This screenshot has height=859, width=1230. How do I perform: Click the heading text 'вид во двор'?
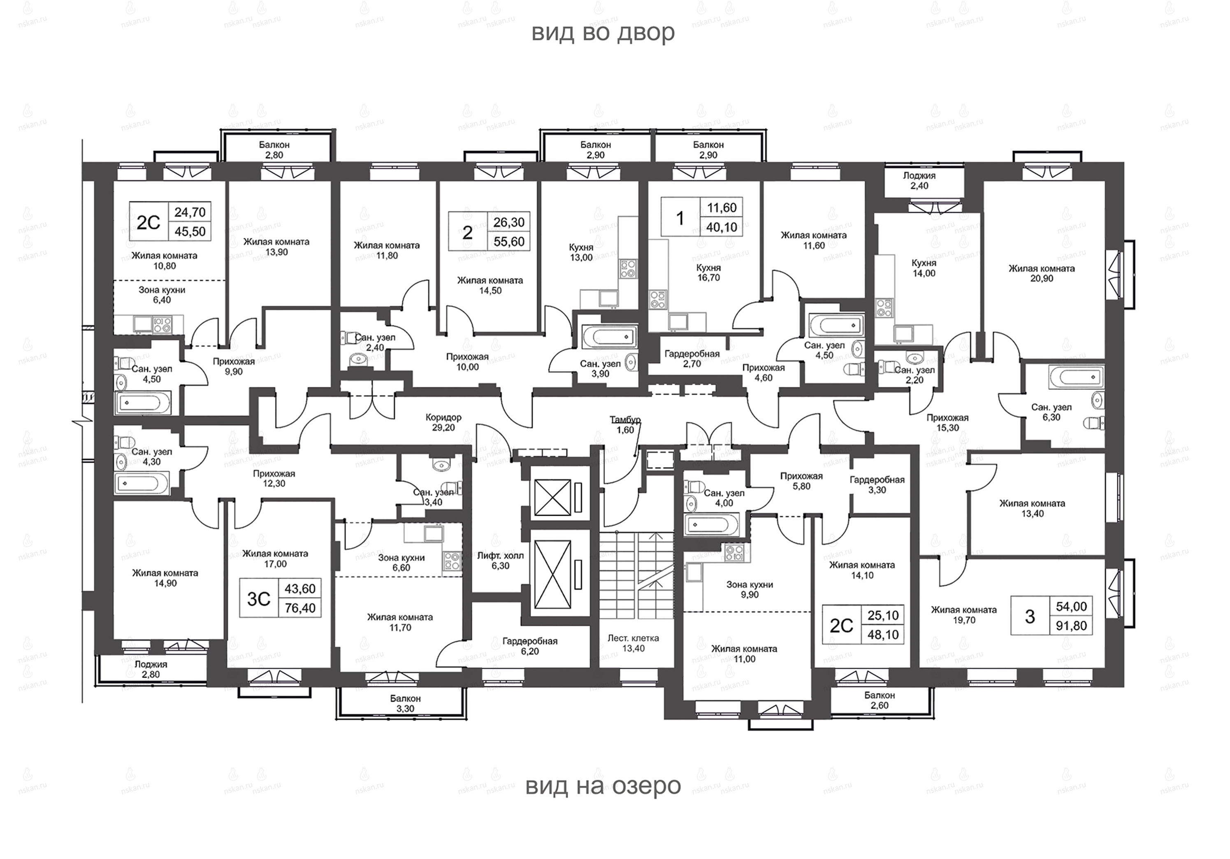click(603, 33)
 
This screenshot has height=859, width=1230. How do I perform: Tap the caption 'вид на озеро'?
click(603, 786)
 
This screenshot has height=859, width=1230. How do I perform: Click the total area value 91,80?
click(1072, 625)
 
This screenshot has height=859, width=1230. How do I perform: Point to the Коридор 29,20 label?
click(443, 422)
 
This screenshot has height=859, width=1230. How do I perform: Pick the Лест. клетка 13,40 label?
click(633, 643)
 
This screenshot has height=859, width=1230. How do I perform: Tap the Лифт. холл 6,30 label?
click(500, 561)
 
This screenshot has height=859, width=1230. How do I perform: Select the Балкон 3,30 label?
click(406, 703)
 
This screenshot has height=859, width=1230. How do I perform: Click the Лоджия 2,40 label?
click(919, 181)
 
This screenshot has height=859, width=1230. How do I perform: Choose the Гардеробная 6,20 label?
click(530, 646)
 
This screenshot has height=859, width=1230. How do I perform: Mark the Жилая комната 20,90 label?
click(1042, 273)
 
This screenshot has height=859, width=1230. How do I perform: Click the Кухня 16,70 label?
click(708, 272)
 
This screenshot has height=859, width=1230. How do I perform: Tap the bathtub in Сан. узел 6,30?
click(1074, 377)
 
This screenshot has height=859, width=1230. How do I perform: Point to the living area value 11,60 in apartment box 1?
click(722, 207)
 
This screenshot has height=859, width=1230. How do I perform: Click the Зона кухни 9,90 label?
click(750, 589)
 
